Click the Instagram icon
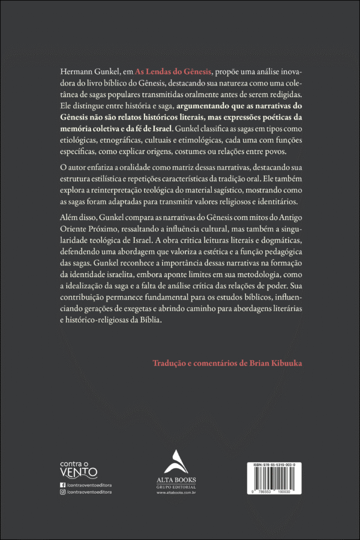[x=62, y=492]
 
